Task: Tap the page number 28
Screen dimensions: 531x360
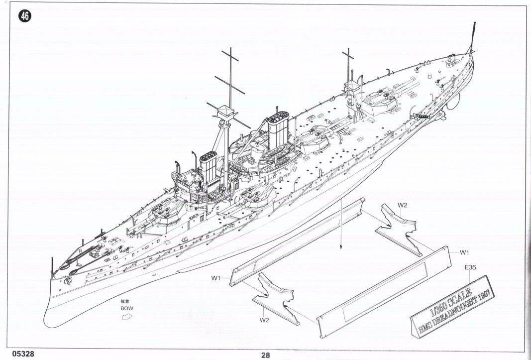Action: (265, 355)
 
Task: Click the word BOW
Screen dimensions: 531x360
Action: (127, 308)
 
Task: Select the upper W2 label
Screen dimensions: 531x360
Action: (403, 205)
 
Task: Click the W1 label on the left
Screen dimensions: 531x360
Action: (215, 278)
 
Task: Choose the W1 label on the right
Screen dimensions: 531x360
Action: (465, 252)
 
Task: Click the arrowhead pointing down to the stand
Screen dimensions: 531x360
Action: (340, 246)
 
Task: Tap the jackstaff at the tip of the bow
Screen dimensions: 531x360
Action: (51, 266)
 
